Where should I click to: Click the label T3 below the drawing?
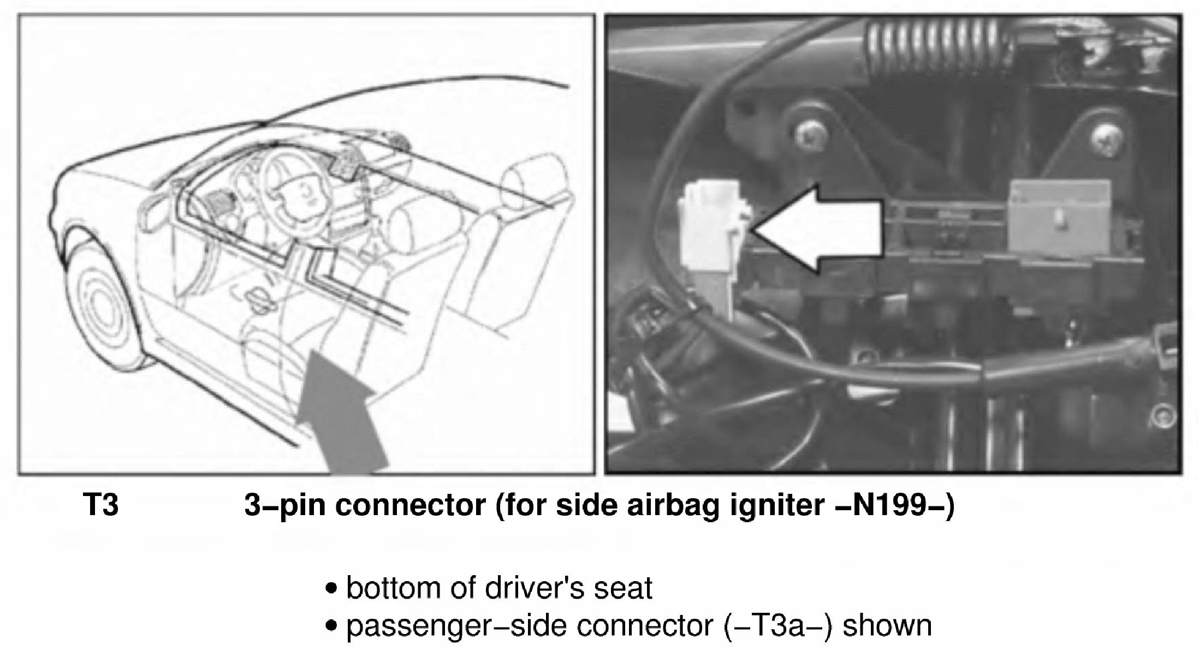(100, 505)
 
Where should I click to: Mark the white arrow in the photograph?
(817, 228)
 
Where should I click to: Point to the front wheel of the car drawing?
(103, 306)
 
